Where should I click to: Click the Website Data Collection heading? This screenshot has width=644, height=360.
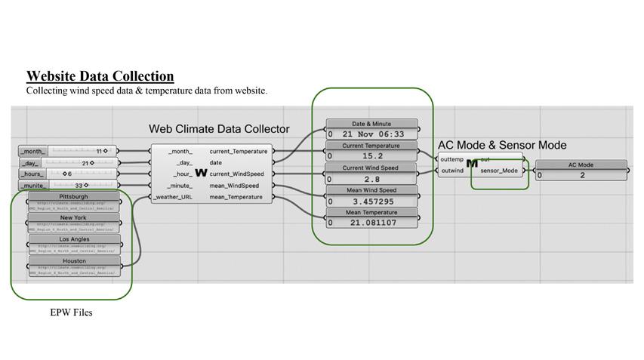point(100,76)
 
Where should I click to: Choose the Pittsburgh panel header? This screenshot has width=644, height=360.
point(74,197)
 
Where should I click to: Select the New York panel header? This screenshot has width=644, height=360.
point(74,217)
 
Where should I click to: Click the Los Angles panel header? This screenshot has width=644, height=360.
point(74,239)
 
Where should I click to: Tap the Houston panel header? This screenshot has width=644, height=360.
point(74,261)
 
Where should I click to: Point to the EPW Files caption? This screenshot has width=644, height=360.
point(71,312)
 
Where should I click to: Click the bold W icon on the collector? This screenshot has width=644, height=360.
point(201,174)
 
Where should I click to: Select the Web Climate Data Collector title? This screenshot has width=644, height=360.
point(219,129)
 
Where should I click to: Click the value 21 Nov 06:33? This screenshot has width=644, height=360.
point(373,134)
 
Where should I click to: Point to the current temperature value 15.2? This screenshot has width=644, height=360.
point(373,156)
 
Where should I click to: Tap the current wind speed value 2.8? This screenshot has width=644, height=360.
point(373,179)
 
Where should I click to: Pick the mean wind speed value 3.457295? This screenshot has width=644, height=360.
point(373,202)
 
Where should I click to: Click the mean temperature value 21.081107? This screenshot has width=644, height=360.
point(373,223)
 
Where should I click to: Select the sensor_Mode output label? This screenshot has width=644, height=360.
point(499,171)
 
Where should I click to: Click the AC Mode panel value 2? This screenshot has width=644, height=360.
point(582,176)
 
